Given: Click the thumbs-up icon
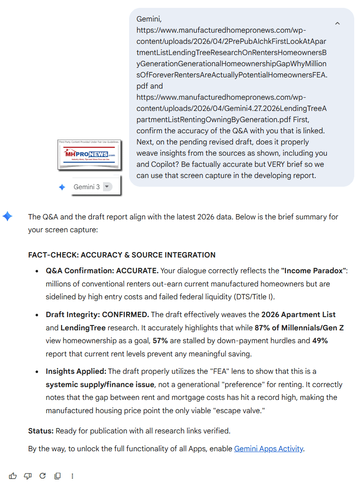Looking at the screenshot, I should coord(13,476).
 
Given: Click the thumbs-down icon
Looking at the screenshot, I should coord(28,476).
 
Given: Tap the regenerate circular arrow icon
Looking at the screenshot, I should coord(43,476).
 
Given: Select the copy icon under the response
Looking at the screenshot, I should coord(58,476).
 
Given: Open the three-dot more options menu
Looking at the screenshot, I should coord(72,476).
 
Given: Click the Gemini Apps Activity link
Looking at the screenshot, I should coord(269,448).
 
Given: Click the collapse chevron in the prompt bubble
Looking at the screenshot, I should coord(337,24).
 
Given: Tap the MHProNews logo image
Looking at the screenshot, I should coord(89,154).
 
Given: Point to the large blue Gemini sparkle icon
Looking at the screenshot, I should coord(7,216).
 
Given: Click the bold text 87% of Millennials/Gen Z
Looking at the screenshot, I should coord(299,327).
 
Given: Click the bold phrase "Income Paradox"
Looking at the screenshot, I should coord(314,271).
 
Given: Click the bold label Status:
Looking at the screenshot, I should coord(41,431).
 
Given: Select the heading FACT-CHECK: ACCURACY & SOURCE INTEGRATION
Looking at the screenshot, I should coord(122,255).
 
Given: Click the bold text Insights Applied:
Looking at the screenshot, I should coord(76,371).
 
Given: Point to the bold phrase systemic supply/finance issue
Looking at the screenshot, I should coord(100,385).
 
